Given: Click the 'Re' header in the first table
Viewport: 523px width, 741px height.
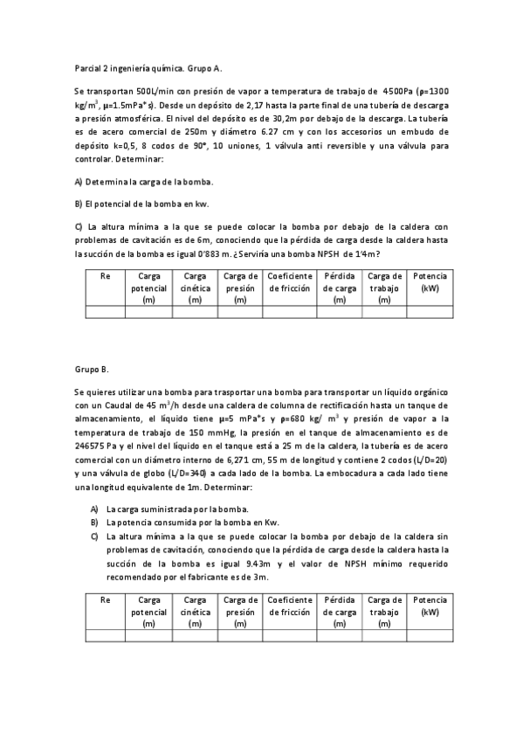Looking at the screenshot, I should click(106, 276).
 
